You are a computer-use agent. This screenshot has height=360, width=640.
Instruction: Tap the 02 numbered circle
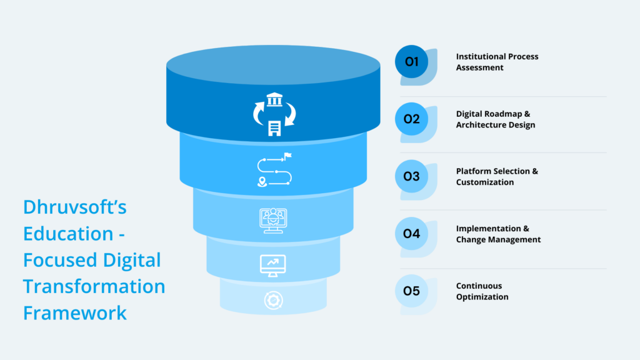point(411,119)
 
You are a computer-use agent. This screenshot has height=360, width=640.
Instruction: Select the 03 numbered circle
point(411,176)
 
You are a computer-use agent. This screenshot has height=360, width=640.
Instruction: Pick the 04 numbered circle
point(411,234)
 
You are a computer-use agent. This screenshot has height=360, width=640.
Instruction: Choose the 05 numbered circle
point(411,291)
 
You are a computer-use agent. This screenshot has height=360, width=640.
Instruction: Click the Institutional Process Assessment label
point(497,62)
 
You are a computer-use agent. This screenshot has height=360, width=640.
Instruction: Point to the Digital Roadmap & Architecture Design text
point(496,119)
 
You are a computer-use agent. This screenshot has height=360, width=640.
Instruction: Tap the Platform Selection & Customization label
point(497,177)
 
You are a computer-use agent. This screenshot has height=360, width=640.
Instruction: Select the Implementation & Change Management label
point(498,234)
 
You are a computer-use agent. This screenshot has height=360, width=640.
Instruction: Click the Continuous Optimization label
point(482,291)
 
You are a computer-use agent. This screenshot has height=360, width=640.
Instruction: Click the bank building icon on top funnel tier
point(274,100)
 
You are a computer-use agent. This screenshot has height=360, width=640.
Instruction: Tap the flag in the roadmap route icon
point(287,156)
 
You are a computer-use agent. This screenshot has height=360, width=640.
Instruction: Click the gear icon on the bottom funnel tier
point(273,300)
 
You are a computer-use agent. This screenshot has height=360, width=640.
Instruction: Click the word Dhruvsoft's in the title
point(74,207)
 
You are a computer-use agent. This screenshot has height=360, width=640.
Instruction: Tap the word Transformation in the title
point(94,286)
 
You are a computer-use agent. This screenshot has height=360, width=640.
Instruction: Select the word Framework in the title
point(75,312)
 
